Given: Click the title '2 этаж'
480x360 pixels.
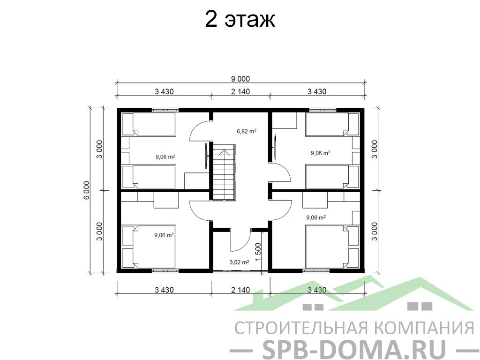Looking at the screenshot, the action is click(x=240, y=20).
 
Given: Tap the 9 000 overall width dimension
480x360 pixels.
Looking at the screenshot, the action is click(x=240, y=79).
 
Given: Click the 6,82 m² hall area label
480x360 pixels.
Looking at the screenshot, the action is click(x=247, y=131).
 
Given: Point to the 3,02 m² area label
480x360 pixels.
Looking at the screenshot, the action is click(x=239, y=262).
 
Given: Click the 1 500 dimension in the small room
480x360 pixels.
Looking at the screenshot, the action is click(x=258, y=252).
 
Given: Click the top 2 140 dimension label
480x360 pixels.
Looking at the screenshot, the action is click(x=240, y=91).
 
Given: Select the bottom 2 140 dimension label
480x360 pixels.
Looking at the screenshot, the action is click(x=240, y=290).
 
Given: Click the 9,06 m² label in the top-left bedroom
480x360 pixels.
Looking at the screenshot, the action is click(x=165, y=157).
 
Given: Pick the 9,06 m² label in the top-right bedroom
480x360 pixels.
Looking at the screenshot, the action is click(x=321, y=153).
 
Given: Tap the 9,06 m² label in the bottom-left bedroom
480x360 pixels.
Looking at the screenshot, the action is click(x=164, y=235).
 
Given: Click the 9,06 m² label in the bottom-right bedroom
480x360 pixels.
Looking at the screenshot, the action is click(x=316, y=217).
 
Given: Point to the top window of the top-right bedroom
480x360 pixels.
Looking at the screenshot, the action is click(x=322, y=110).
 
